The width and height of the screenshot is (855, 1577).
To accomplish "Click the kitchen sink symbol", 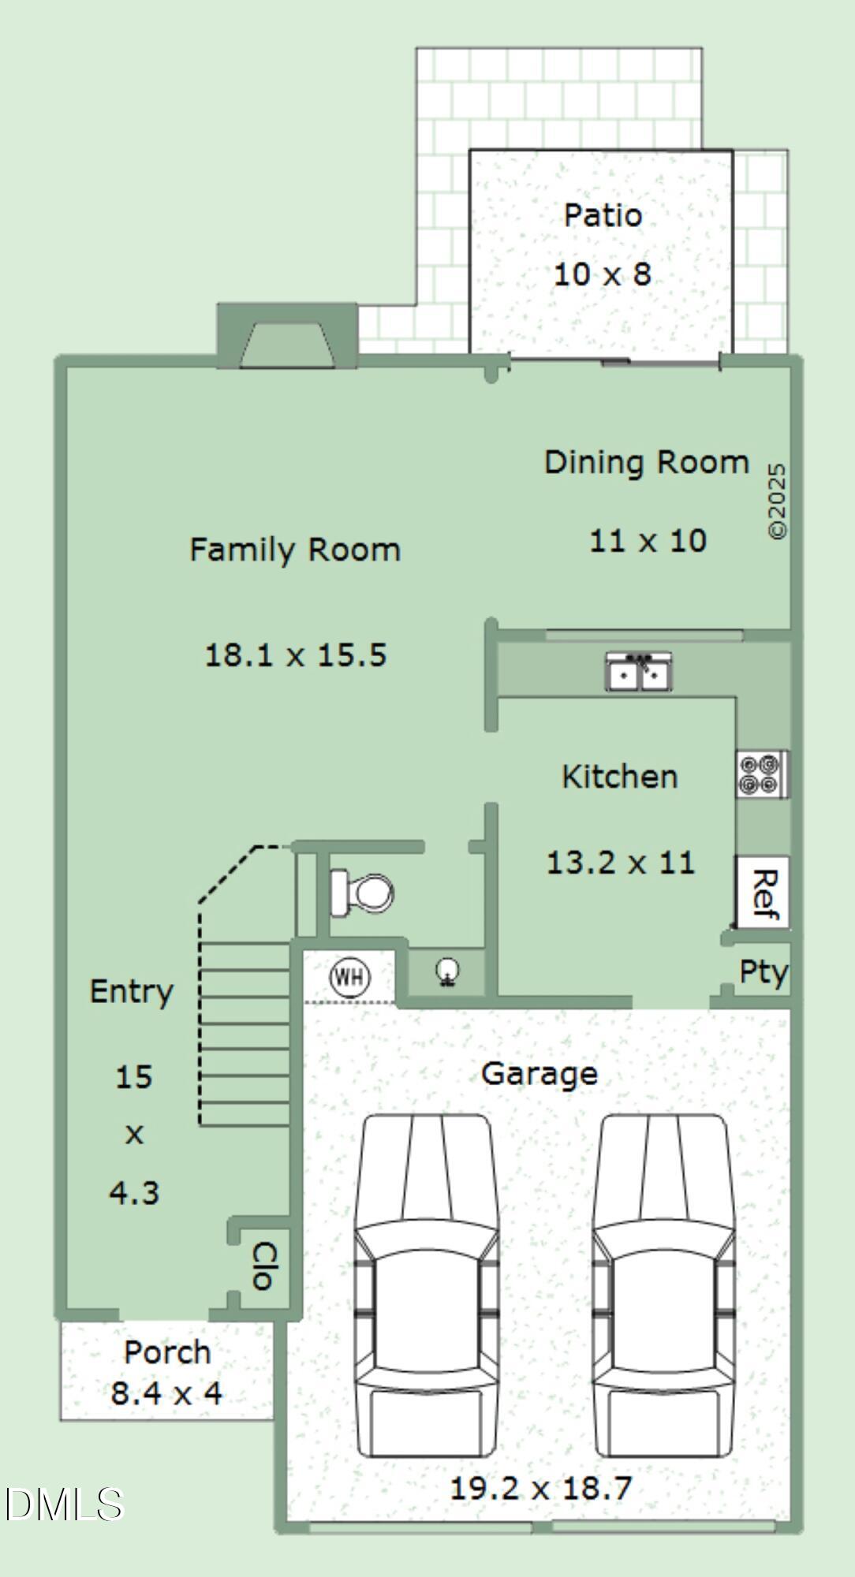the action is [639, 671].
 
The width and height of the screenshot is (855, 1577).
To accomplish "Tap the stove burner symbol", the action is [762, 774].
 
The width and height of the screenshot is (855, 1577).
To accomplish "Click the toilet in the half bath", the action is [362, 893].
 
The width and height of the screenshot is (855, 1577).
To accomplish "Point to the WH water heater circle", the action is [349, 977].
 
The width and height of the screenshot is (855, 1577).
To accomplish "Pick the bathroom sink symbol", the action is [448, 971].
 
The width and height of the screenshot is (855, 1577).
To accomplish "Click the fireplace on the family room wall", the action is [287, 336].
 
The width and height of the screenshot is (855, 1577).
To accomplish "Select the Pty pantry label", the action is [763, 972].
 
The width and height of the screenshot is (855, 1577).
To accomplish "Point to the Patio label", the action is [603, 215].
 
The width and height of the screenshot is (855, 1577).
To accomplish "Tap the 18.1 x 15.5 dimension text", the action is [296, 655].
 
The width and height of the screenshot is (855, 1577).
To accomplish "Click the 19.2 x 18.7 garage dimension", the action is [541, 1488].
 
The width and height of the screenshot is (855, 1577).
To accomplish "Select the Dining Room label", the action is [647, 462].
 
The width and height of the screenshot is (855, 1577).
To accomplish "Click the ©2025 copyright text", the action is [777, 501].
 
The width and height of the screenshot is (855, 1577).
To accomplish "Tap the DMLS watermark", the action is [64, 1504].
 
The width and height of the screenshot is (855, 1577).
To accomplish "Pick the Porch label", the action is [167, 1352].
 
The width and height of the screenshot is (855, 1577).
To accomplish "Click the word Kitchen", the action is [620, 777].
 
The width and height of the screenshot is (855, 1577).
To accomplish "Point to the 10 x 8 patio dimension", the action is [603, 274].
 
